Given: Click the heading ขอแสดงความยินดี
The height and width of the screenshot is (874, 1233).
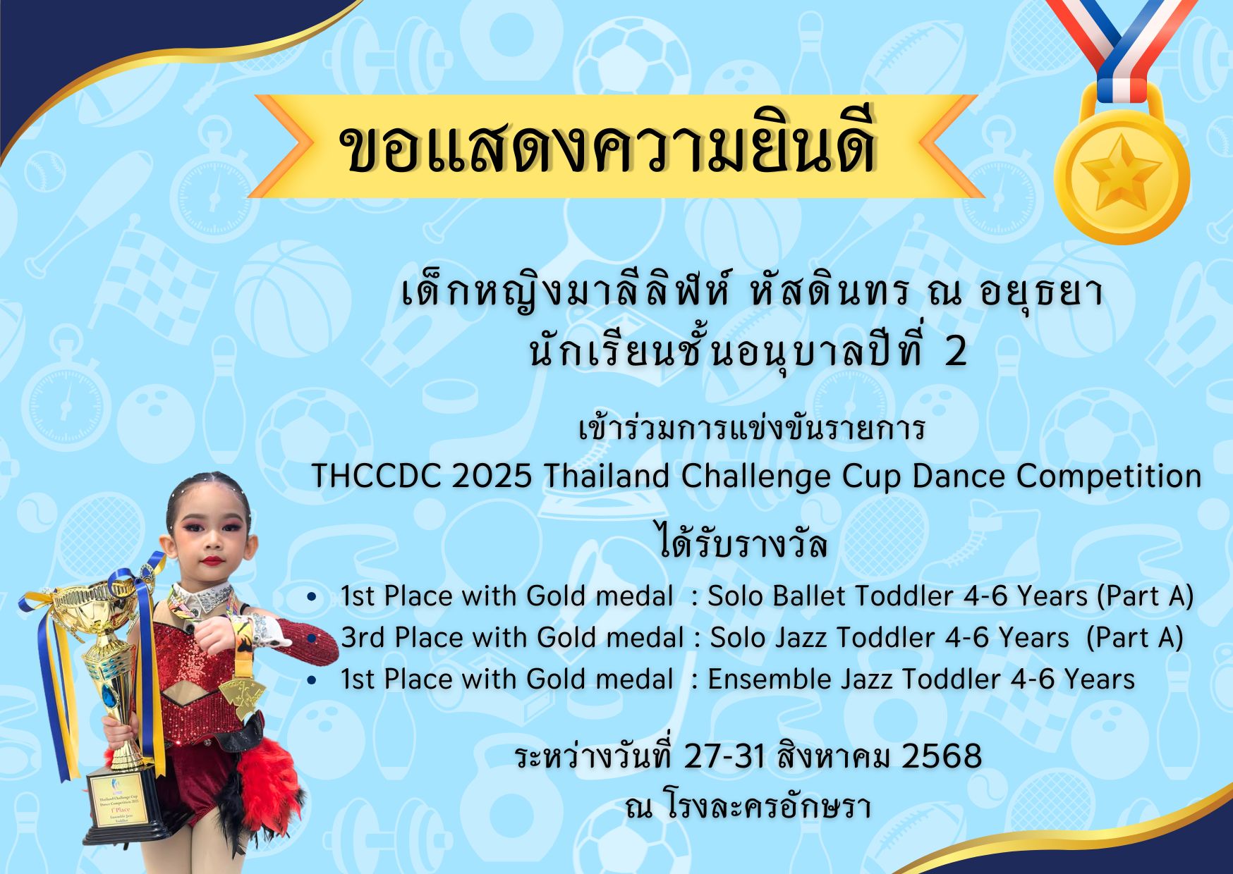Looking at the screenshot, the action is (x=608, y=146).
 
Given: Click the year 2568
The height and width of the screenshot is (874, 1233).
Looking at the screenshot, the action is (x=942, y=756).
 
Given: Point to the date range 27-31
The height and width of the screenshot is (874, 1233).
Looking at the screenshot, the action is (x=725, y=756).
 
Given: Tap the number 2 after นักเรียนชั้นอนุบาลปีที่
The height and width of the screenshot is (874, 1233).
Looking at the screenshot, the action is (x=956, y=352).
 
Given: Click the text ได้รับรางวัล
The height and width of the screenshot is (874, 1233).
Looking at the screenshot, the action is (x=742, y=543).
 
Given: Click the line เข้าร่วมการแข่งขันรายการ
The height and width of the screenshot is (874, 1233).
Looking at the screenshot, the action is (x=751, y=427).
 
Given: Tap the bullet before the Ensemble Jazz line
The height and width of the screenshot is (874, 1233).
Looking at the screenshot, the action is (x=312, y=680).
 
